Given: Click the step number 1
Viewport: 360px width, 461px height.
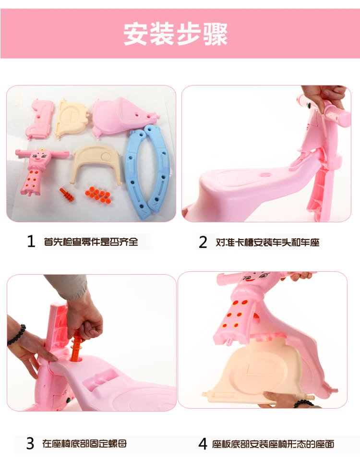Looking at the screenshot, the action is tap(31, 242).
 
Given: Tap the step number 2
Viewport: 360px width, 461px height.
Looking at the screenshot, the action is tap(203, 242).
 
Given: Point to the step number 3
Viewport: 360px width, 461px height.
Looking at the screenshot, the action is tap(30, 443).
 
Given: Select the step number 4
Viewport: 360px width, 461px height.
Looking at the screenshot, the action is tap(203, 444).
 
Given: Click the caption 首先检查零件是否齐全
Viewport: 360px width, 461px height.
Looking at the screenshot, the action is tap(91, 242).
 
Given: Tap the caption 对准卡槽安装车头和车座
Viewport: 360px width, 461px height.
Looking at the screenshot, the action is tap(267, 242).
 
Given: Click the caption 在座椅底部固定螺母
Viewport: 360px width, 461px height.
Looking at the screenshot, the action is tap(84, 443).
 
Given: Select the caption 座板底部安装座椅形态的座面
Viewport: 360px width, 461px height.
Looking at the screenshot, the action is tap(273, 444).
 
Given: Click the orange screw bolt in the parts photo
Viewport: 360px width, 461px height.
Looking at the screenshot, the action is tap(67, 194).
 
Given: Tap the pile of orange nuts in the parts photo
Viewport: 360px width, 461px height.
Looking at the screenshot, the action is tap(98, 194).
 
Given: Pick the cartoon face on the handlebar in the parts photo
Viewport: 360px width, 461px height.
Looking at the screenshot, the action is tap(39, 157).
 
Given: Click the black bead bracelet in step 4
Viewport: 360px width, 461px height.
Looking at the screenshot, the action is tap(303, 403).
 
